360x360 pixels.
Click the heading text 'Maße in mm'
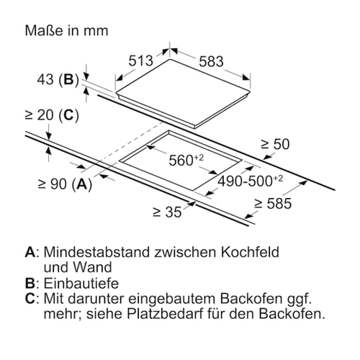(x=66, y=31)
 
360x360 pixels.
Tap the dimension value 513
(x=140, y=60)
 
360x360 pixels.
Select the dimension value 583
(x=211, y=61)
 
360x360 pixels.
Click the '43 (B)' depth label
(x=58, y=79)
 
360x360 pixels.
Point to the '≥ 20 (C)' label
(x=52, y=115)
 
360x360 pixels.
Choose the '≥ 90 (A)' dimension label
(x=65, y=184)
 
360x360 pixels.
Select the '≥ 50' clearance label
(x=275, y=144)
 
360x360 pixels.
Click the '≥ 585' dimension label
(x=273, y=204)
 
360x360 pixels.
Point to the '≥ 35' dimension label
(x=167, y=212)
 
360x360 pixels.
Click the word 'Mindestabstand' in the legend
(x=97, y=252)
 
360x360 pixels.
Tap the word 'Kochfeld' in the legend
(x=250, y=252)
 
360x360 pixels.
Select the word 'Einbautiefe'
(x=81, y=283)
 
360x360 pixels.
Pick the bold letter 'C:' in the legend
(x=32, y=299)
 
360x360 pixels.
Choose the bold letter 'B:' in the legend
(x=32, y=283)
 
